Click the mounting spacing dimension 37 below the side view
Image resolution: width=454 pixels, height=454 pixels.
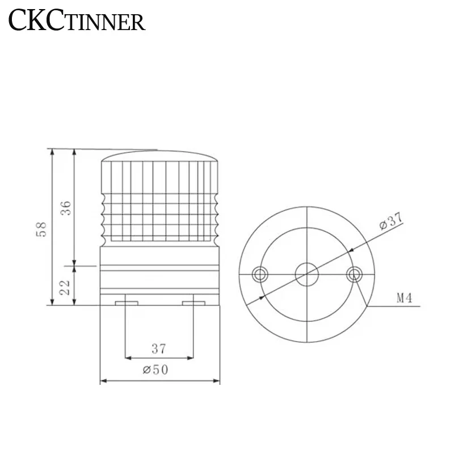pos(159,347)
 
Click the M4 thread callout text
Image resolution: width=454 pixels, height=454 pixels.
pos(403,298)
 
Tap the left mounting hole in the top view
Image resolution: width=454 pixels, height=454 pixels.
pos(261,275)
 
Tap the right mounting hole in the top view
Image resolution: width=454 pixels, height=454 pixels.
pos(354,275)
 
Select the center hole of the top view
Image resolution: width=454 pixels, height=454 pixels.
pos(307,275)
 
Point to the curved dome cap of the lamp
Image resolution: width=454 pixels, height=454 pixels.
pos(159,155)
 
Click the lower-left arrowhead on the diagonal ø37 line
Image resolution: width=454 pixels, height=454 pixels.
pos(262,297)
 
